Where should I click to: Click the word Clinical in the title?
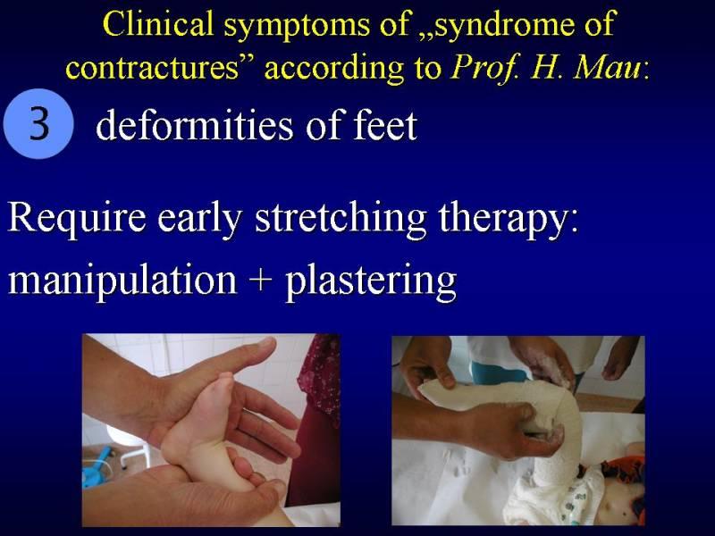[158, 24]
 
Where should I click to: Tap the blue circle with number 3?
[38, 123]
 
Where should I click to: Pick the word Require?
[77, 219]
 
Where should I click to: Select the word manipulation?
[122, 281]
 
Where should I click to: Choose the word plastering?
[371, 281]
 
